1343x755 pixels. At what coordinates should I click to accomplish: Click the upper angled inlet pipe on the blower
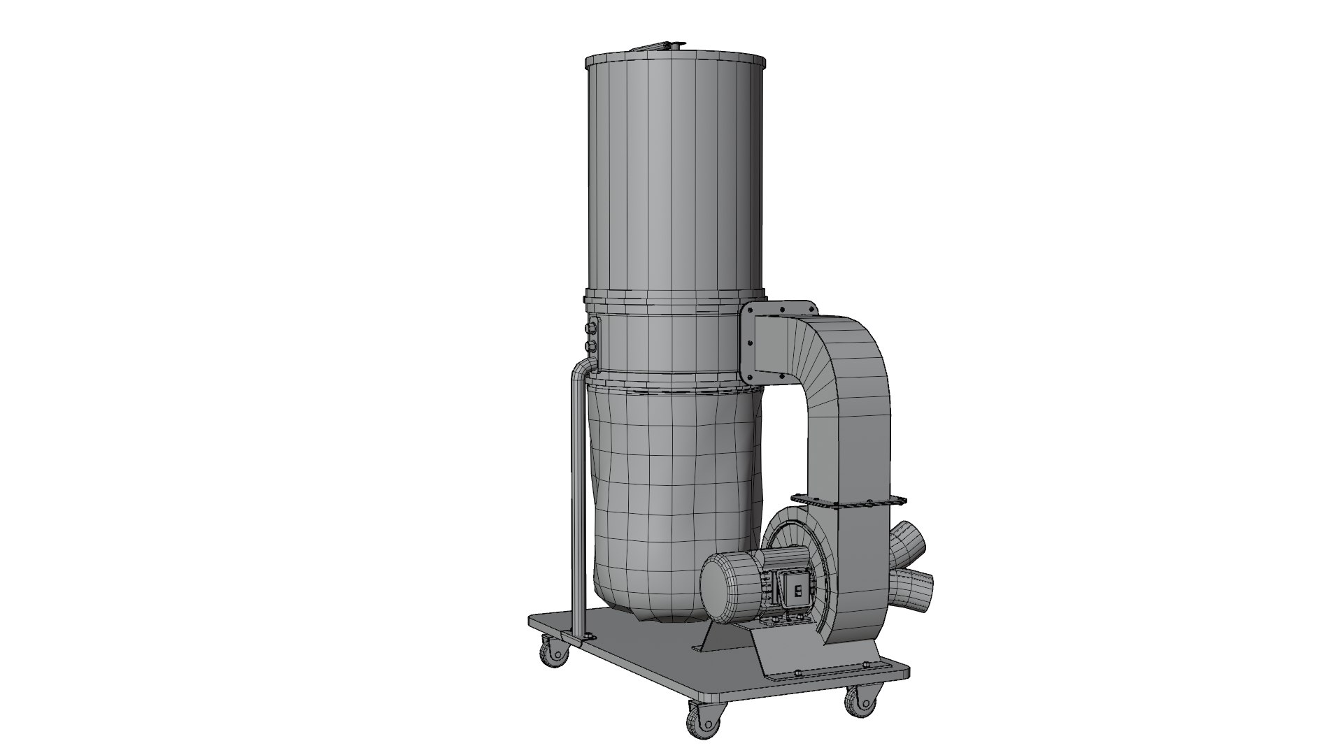click(909, 539)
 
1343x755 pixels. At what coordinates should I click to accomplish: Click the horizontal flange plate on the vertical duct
click(848, 501)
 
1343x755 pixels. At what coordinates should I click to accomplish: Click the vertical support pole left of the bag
click(576, 503)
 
